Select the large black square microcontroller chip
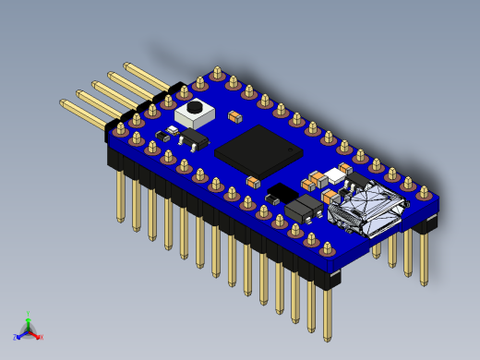pyautogui.click(x=257, y=150)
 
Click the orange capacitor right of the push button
pyautogui.click(x=235, y=117)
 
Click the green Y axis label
pyautogui.click(x=29, y=314)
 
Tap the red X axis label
pyautogui.click(x=41, y=337)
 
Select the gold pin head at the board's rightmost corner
pyautogui.click(x=424, y=193)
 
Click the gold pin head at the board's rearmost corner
pyautogui.click(x=217, y=71)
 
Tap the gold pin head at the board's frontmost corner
pyautogui.click(x=327, y=247)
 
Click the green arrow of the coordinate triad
pyautogui.click(x=29, y=322)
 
